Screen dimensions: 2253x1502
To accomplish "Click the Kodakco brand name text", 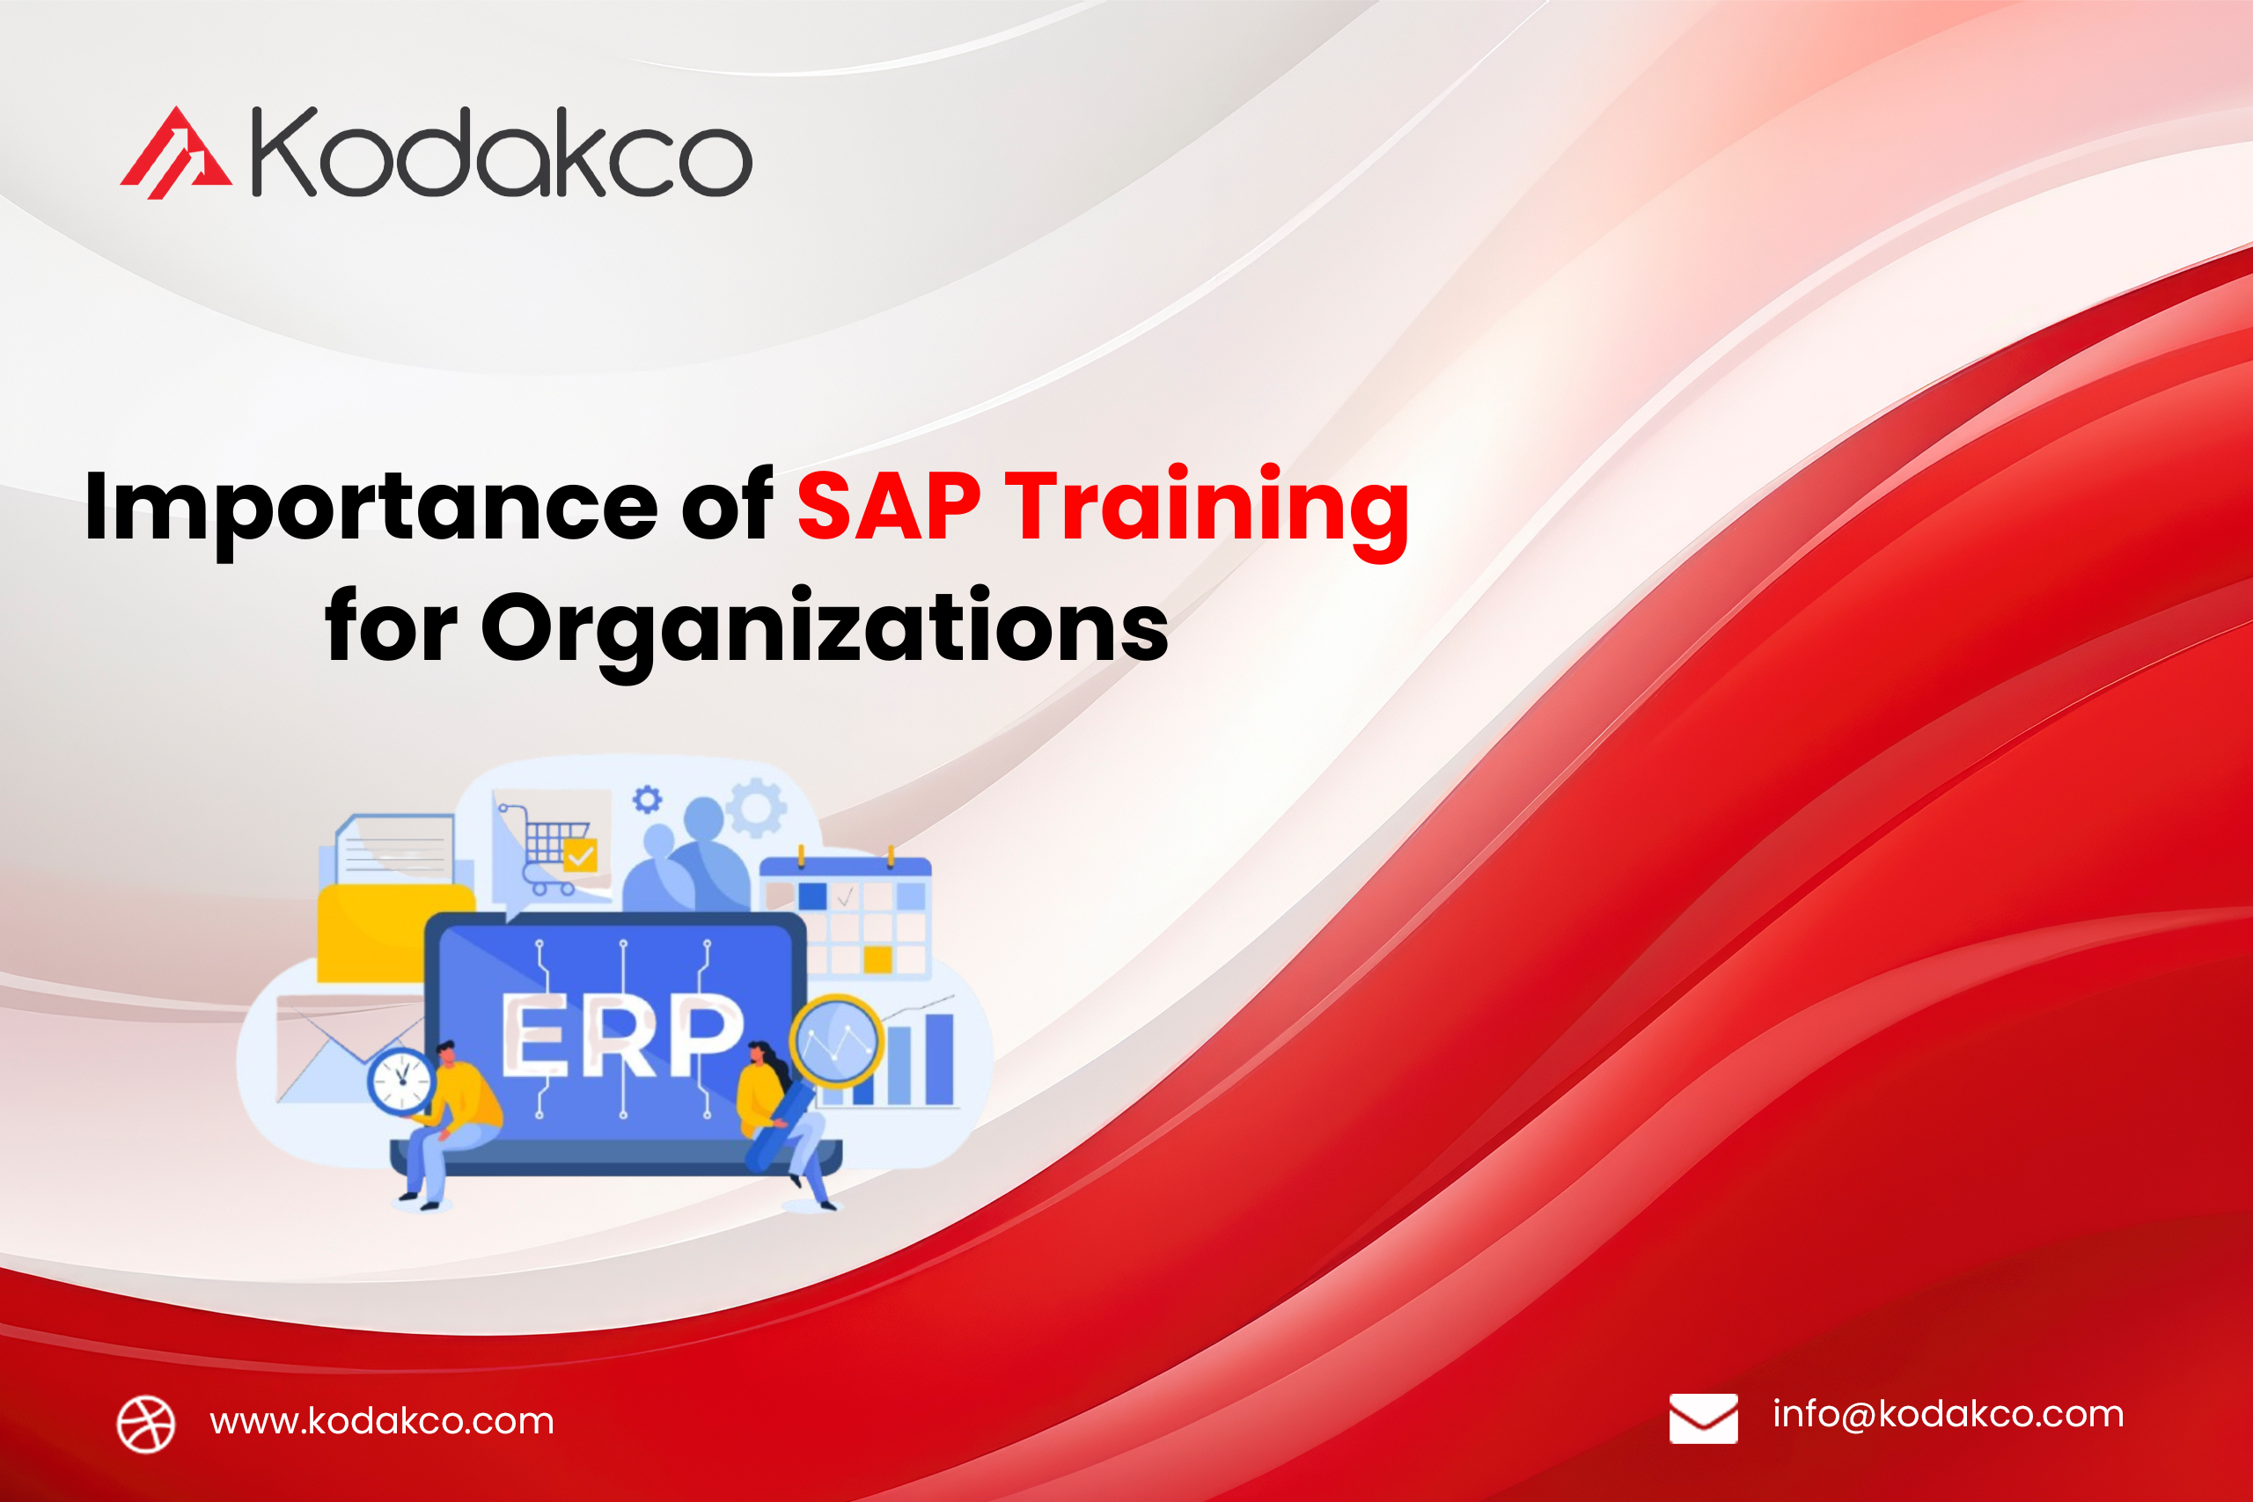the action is (x=502, y=153).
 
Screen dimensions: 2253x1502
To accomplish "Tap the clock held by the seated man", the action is (x=401, y=1081).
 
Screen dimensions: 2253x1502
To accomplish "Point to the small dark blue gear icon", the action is (x=648, y=799).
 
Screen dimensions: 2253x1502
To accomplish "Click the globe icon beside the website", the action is (x=145, y=1424).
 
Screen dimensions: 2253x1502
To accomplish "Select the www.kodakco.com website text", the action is (x=382, y=1422).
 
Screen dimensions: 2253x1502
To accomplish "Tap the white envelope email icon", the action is (x=1703, y=1418).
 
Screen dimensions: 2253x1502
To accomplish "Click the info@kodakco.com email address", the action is (x=1948, y=1414).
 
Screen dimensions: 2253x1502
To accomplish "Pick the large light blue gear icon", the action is (x=757, y=808).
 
